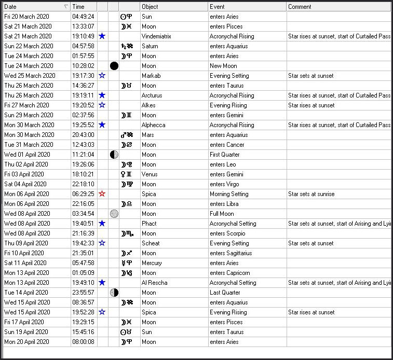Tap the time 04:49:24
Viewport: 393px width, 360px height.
(83, 17)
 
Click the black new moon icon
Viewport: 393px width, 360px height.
(114, 66)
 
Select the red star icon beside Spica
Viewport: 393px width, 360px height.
(102, 194)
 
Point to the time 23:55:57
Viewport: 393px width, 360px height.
(83, 293)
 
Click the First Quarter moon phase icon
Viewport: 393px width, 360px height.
(114, 155)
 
